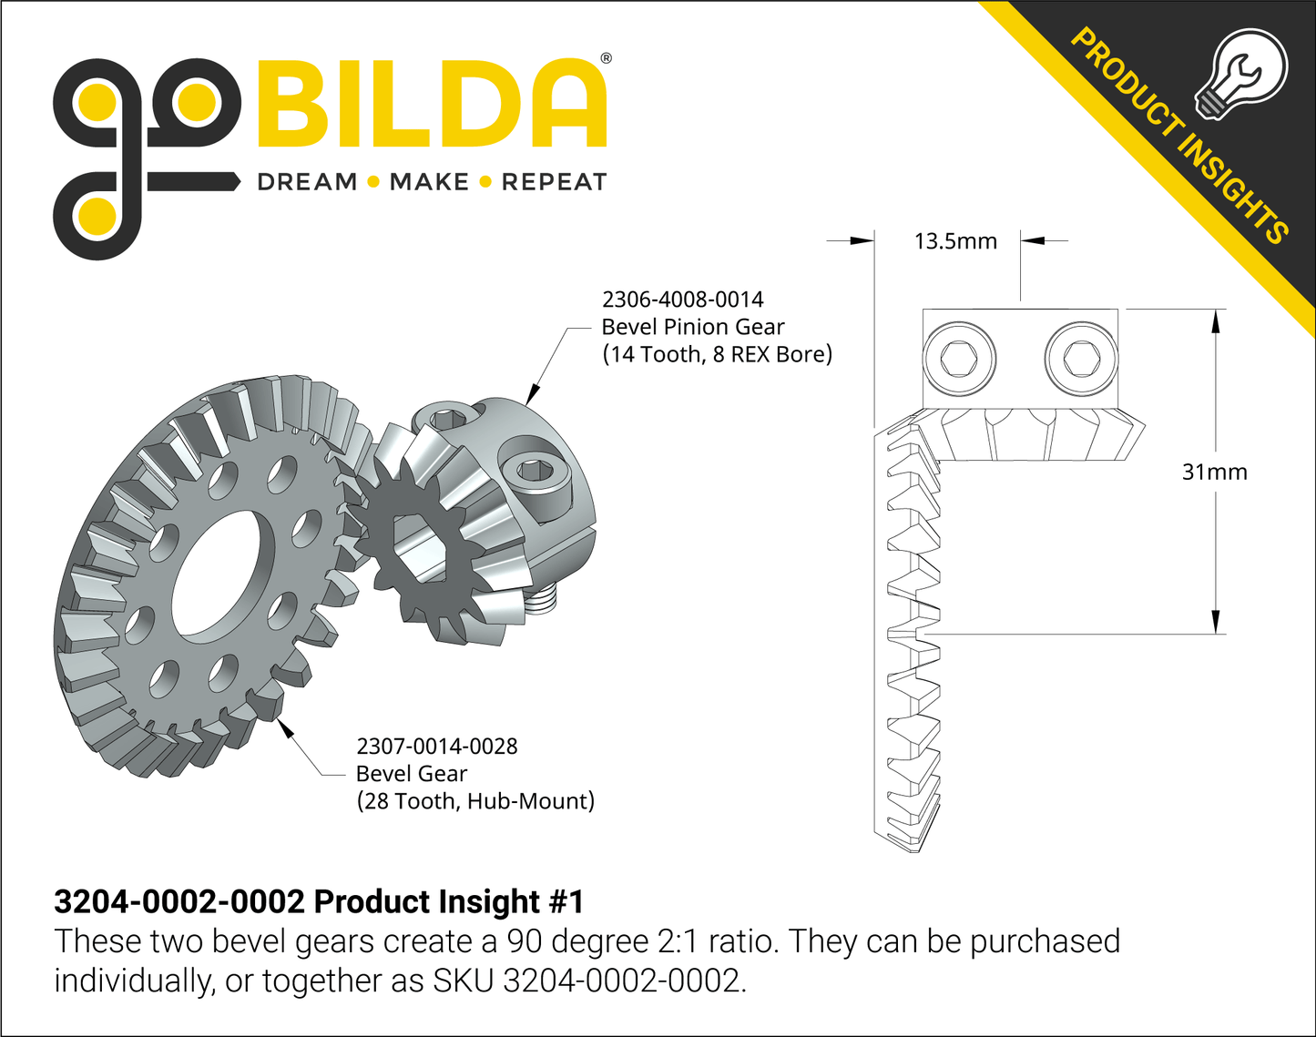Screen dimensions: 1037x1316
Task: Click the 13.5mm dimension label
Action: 955,241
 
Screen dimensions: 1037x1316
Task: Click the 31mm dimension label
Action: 1214,472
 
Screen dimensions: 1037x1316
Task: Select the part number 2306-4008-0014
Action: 682,300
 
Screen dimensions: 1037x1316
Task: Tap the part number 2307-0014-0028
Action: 436,747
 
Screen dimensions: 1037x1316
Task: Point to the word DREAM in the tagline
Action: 307,182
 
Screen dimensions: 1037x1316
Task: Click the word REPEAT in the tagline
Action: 554,182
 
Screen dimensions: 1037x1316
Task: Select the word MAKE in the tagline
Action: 429,182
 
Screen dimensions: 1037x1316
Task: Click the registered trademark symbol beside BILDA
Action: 606,59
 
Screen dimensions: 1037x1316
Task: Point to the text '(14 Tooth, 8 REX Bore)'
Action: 717,354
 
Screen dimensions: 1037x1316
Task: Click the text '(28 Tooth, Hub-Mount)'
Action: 474,801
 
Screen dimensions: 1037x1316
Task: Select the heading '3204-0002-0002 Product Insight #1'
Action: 319,901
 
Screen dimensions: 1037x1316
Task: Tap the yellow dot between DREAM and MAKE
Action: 372,182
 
